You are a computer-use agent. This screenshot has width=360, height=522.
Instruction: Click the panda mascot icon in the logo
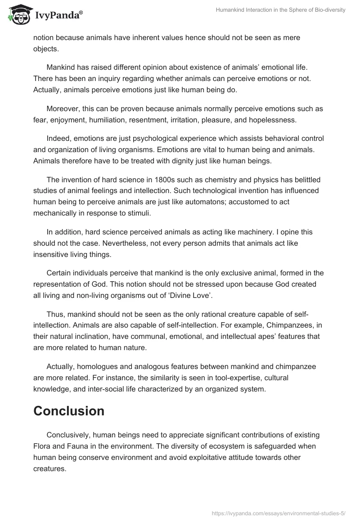[x=18, y=14]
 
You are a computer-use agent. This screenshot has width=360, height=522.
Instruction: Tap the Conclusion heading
[x=69, y=410]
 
